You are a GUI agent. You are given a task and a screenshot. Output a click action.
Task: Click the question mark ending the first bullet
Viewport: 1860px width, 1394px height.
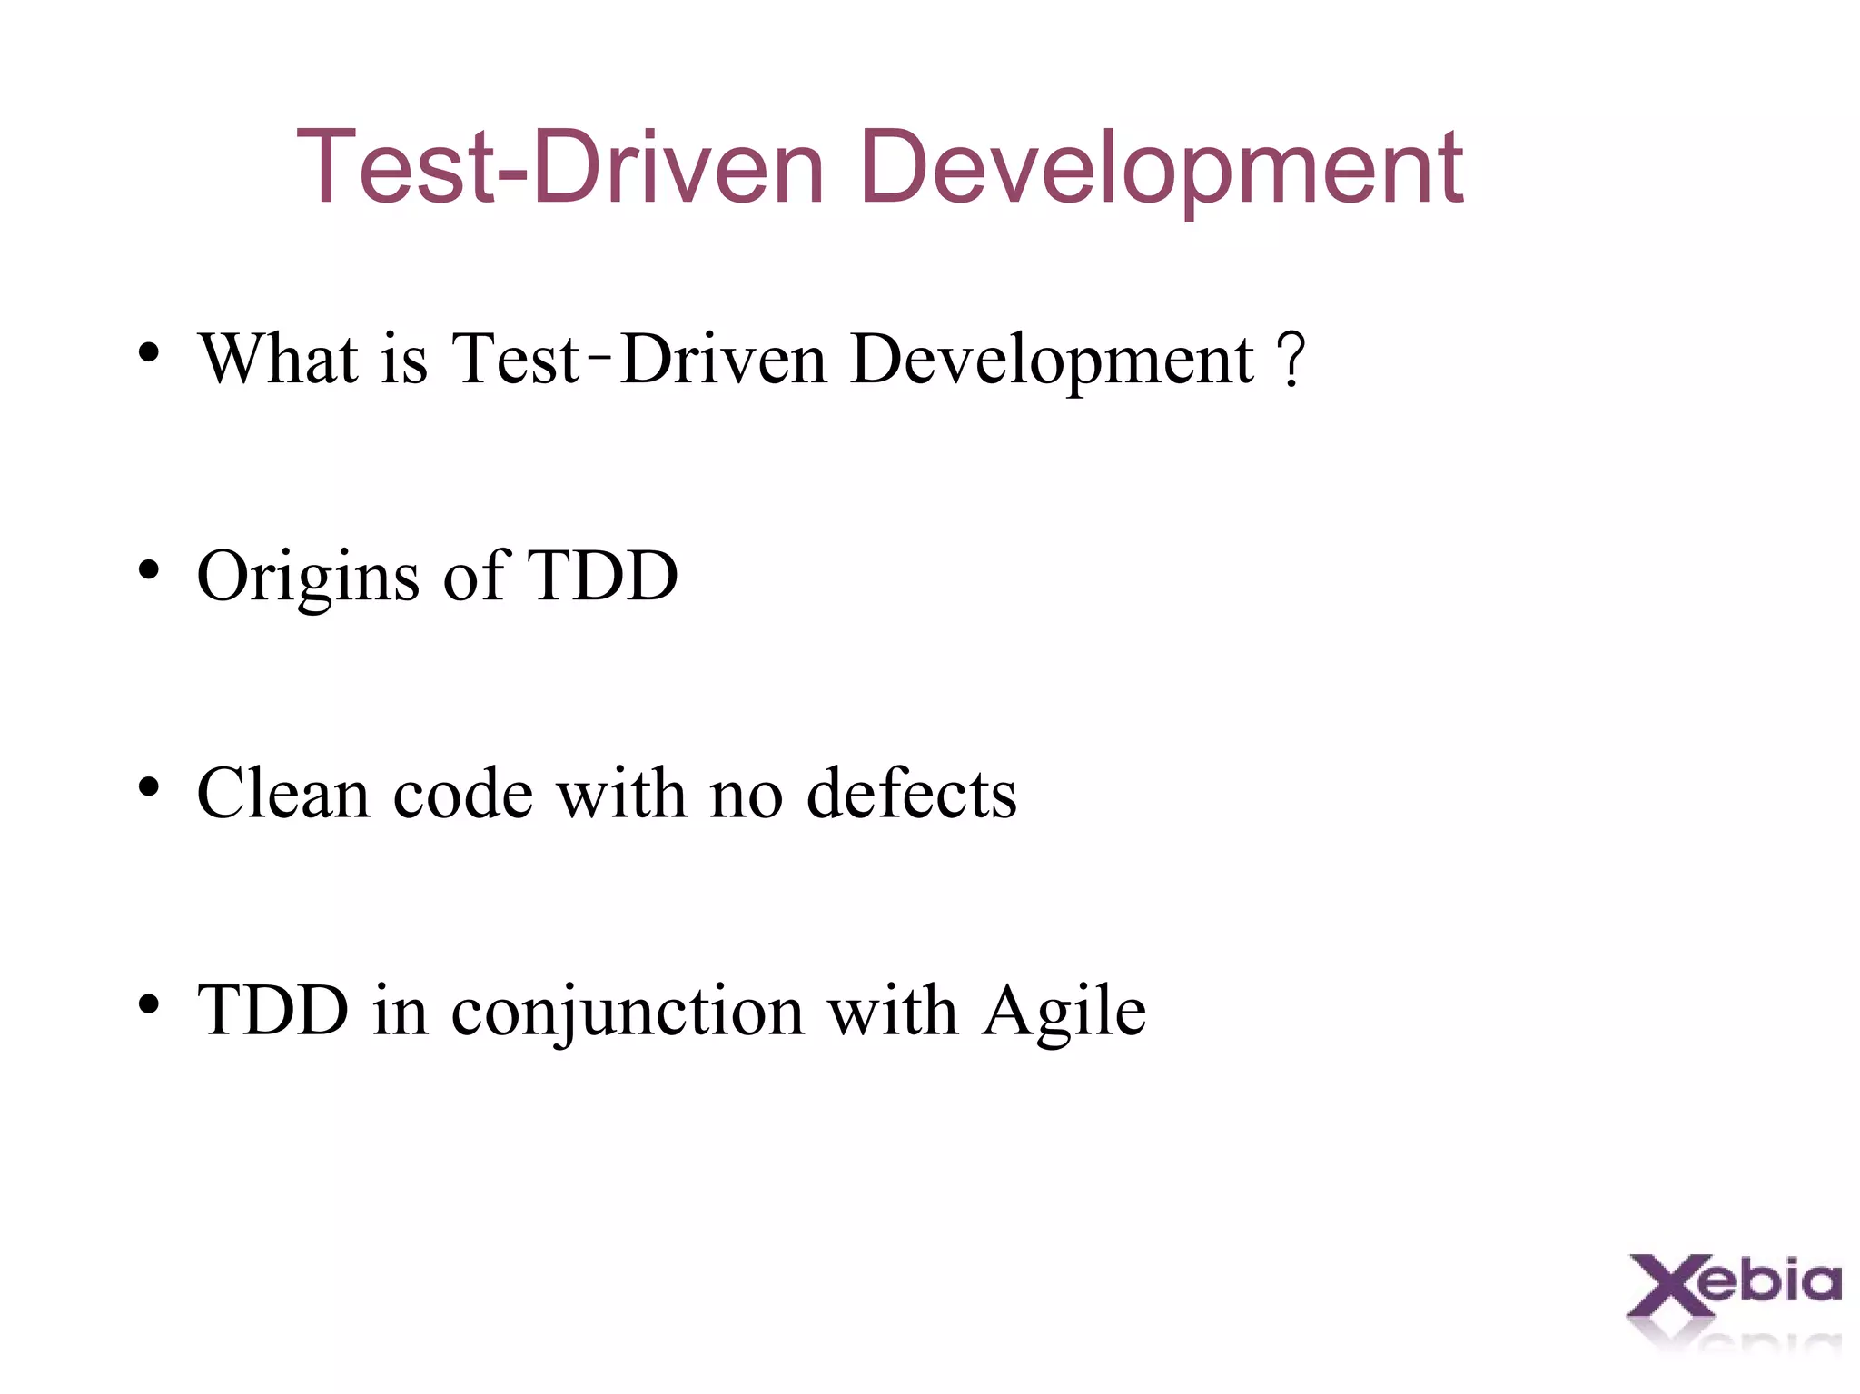point(1291,361)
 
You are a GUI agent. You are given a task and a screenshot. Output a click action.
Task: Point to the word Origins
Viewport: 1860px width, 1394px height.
point(308,578)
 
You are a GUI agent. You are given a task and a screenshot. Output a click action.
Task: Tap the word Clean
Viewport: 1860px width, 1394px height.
point(283,794)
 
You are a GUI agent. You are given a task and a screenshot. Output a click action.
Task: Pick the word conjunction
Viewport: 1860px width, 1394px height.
point(628,1013)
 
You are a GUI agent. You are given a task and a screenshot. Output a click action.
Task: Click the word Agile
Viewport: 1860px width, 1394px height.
point(1064,1013)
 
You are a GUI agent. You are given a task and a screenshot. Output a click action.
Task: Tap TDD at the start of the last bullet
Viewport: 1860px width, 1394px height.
point(272,1011)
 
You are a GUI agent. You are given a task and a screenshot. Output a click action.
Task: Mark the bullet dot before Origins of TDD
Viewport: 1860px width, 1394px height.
point(149,570)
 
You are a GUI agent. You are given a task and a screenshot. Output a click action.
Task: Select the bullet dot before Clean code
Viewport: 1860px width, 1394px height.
point(149,787)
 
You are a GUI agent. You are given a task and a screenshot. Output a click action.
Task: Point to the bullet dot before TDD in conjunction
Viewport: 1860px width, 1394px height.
point(149,1004)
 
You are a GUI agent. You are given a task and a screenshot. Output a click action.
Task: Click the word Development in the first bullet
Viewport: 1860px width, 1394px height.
point(1053,361)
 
